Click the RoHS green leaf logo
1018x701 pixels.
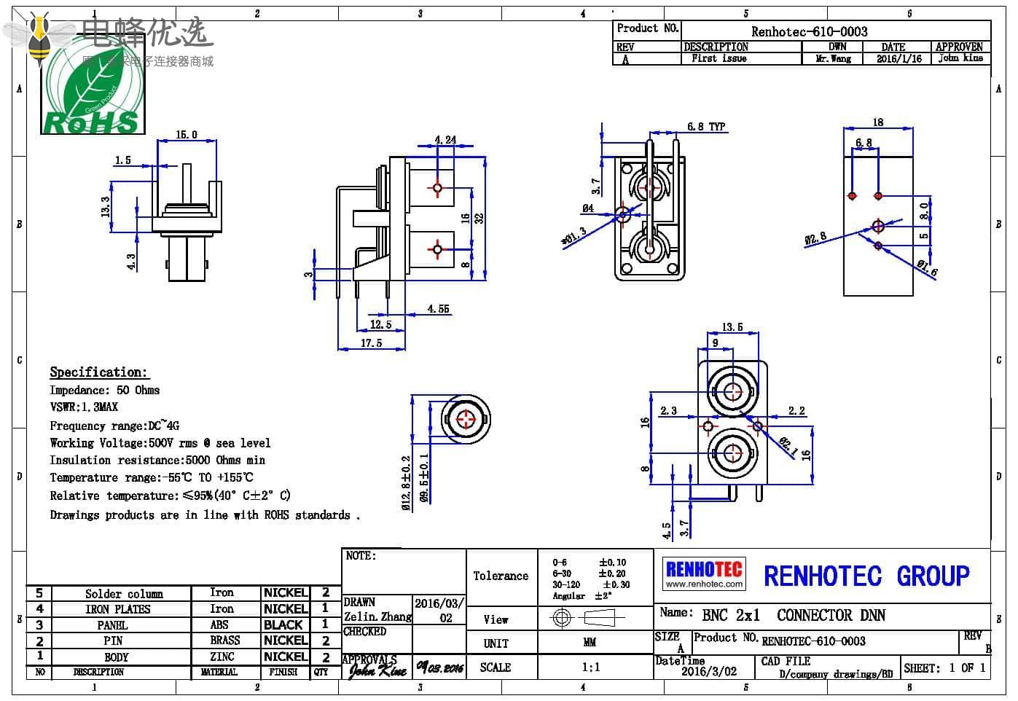coord(92,92)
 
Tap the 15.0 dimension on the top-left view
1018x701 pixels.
coord(187,135)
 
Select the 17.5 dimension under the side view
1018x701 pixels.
coord(371,343)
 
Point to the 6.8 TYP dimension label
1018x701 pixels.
coord(706,127)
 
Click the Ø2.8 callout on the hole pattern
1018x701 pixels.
coord(815,238)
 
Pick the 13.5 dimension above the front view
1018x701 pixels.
coord(732,327)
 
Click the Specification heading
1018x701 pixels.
coord(98,372)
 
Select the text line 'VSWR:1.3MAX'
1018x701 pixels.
coord(84,407)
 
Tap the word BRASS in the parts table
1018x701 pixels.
coord(225,641)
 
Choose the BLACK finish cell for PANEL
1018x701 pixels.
coord(283,624)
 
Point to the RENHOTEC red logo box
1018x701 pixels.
coord(704,573)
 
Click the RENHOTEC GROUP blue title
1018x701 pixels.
coord(866,576)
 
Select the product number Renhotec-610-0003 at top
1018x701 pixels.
coord(809,31)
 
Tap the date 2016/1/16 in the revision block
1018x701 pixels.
coord(898,59)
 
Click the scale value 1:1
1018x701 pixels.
coord(591,667)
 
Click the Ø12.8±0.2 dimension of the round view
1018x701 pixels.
coord(407,482)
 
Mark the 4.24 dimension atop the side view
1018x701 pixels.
coord(445,140)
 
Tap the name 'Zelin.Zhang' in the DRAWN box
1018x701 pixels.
coord(377,617)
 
